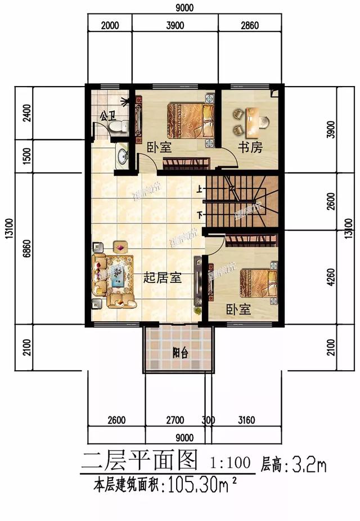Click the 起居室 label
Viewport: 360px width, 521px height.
(163, 277)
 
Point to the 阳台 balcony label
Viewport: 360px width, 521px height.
(179, 353)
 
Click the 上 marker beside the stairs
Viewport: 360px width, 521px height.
(199, 190)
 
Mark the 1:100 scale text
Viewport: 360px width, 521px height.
(230, 464)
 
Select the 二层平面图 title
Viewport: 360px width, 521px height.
(139, 462)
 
